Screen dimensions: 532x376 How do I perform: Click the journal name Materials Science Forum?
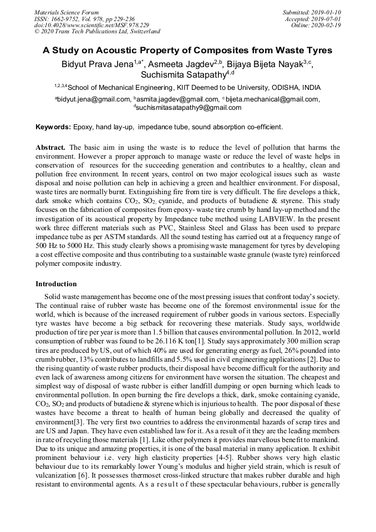click(67, 12)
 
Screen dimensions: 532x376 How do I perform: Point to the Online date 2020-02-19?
click(327, 25)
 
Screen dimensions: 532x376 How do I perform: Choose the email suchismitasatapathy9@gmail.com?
click(190, 107)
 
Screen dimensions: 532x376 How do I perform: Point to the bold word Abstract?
click(50, 148)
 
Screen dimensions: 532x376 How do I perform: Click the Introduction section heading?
click(56, 284)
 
